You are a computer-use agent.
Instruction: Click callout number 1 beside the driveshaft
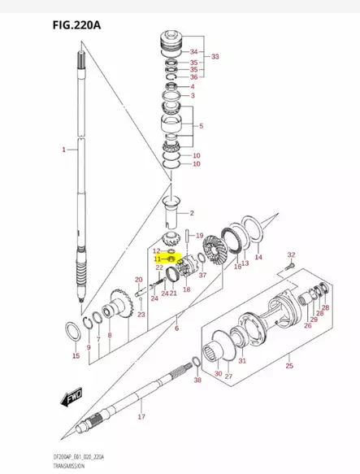pos(63,150)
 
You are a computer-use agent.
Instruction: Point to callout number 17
pos(141,417)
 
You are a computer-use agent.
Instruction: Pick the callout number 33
pos(215,57)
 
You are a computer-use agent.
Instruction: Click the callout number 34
pos(193,51)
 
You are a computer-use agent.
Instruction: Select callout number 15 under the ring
pos(76,356)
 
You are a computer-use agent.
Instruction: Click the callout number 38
pos(197,380)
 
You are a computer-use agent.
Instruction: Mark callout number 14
pos(258,257)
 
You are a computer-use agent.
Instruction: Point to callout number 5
pos(202,126)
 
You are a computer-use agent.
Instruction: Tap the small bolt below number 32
pos(288,270)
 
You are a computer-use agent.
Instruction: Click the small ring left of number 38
pos(196,361)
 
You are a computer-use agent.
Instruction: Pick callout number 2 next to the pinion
pos(192,213)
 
